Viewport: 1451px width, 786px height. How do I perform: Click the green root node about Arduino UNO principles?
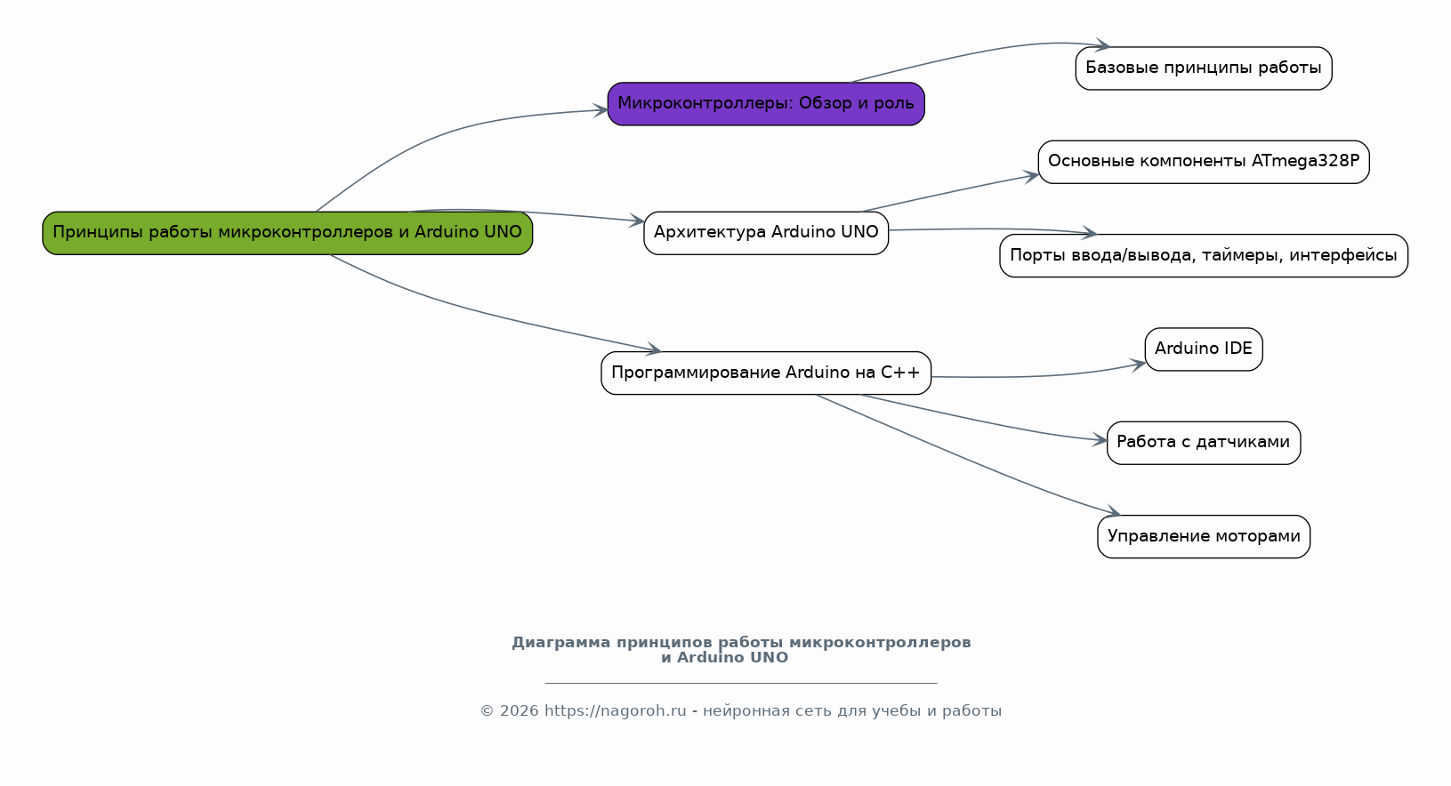click(x=287, y=233)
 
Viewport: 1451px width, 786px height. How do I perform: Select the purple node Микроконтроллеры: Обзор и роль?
click(x=766, y=104)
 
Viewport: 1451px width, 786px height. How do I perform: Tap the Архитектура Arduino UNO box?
click(x=766, y=233)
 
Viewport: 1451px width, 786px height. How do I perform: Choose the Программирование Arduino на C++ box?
click(x=766, y=373)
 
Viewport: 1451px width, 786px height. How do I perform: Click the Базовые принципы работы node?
click(x=1203, y=68)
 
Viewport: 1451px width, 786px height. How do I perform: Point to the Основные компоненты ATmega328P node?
click(x=1203, y=162)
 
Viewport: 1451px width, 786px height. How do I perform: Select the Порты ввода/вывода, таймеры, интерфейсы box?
click(x=1203, y=256)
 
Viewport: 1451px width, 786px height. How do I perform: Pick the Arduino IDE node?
click(x=1203, y=349)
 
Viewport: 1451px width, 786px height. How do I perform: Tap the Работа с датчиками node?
click(x=1203, y=443)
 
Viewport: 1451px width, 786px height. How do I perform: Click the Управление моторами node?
click(x=1203, y=537)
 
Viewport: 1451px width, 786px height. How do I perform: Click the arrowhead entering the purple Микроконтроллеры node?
click(x=601, y=111)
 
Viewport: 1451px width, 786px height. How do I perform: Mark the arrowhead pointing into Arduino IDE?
click(x=1139, y=364)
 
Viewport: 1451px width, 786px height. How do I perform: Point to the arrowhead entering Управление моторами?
click(x=1113, y=512)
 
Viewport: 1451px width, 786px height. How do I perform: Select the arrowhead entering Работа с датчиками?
click(x=1100, y=440)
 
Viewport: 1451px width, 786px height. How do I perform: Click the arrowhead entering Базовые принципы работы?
click(x=1103, y=45)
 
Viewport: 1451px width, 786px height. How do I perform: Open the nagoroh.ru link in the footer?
click(x=615, y=711)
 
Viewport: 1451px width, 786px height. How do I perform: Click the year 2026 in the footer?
click(x=520, y=711)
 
